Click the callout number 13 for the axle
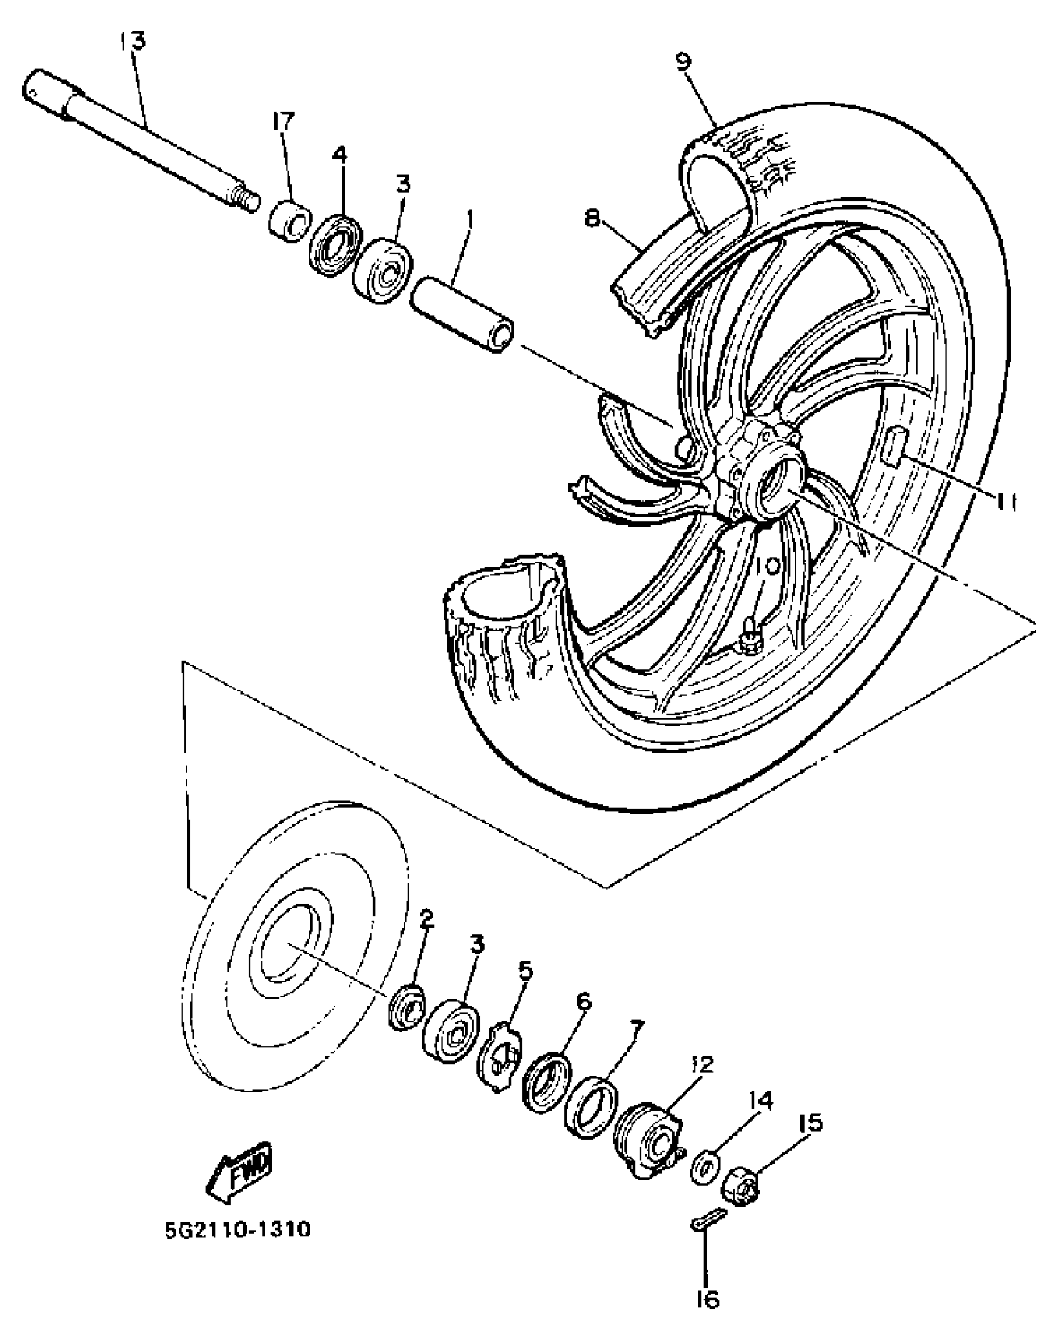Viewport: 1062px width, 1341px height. click(132, 41)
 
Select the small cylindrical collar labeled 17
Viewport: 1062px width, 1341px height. click(291, 220)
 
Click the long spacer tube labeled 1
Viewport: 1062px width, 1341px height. click(463, 315)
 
